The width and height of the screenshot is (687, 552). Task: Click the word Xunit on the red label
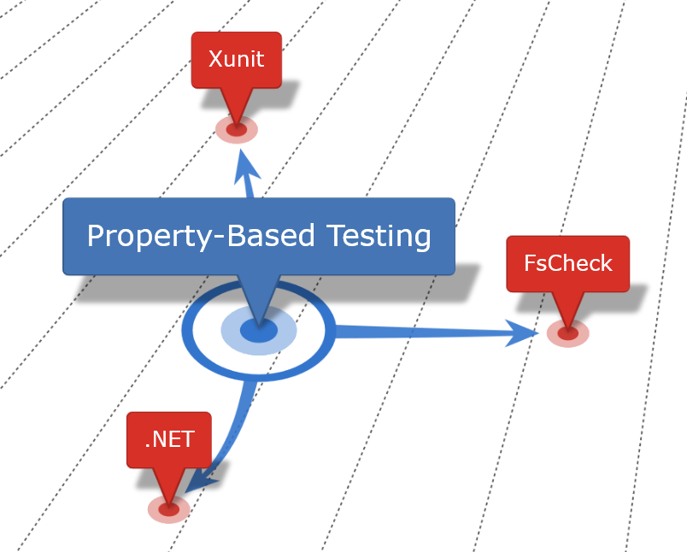click(x=236, y=60)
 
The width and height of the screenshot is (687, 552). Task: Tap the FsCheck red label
click(x=567, y=263)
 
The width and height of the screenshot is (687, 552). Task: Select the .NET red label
click(x=169, y=439)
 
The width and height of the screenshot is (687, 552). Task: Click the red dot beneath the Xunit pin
click(x=237, y=130)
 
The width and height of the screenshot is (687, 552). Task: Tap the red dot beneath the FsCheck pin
click(x=568, y=332)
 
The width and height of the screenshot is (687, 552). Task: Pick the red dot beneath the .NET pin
click(x=168, y=509)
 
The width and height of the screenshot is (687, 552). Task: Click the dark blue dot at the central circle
click(x=258, y=331)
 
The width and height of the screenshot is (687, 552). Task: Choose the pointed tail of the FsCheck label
click(x=568, y=308)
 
